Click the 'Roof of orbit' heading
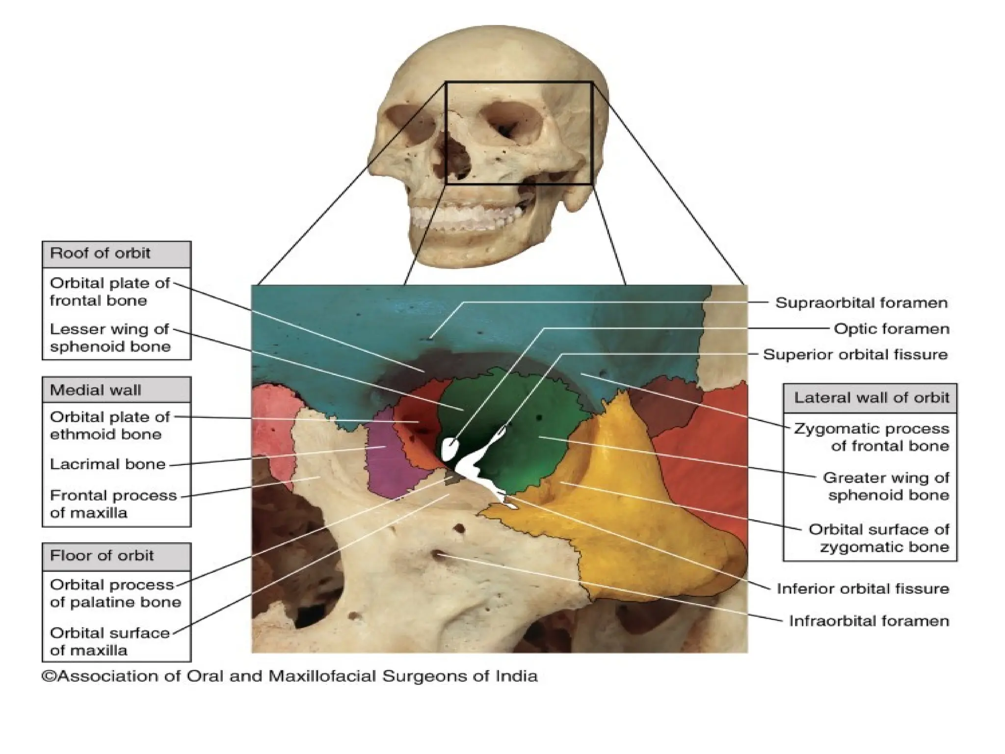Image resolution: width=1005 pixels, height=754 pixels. (x=101, y=254)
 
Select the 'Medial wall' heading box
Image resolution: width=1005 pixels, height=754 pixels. (x=96, y=390)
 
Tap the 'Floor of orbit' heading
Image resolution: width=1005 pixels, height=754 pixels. (x=102, y=556)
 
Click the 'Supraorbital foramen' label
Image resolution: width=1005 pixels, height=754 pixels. (x=861, y=303)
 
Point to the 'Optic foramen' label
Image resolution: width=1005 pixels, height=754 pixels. (x=892, y=328)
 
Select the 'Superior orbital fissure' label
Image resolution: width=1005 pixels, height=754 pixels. (x=855, y=354)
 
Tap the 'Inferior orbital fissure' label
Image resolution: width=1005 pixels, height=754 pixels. (x=863, y=589)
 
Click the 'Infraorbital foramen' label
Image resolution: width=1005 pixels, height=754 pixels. (x=869, y=621)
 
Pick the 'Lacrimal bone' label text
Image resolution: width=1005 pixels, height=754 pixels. (x=108, y=464)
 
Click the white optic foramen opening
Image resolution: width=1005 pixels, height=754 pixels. (x=450, y=448)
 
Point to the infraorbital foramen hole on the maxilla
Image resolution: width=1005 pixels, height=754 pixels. (x=436, y=555)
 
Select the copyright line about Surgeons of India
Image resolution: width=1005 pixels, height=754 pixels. (x=290, y=676)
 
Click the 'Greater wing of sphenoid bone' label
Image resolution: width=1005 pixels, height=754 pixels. (x=886, y=486)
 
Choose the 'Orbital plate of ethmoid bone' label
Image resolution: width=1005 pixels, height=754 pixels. (x=110, y=426)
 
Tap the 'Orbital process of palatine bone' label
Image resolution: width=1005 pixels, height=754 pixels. (x=115, y=593)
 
